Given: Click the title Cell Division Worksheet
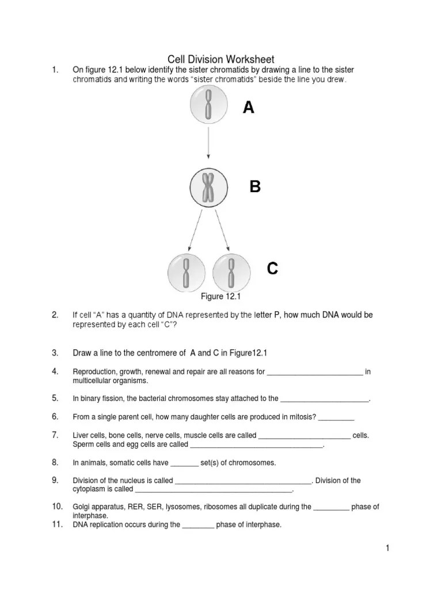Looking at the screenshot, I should pos(220,59).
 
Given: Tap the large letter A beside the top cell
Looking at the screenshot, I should pos(248,108).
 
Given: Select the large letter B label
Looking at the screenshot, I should pos(255,187).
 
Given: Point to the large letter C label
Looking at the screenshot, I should pos(272,268).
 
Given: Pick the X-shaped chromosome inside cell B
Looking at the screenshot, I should pos(208,188).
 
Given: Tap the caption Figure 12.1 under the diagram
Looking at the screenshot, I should pos(219,297).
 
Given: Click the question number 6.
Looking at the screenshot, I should pos(55,416).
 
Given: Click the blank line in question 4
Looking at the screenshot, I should pos(315,373).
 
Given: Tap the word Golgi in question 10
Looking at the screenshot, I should pos(81,507).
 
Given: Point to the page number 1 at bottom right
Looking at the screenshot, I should pos(388,549).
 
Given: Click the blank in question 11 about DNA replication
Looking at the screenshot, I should pos(198,525).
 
